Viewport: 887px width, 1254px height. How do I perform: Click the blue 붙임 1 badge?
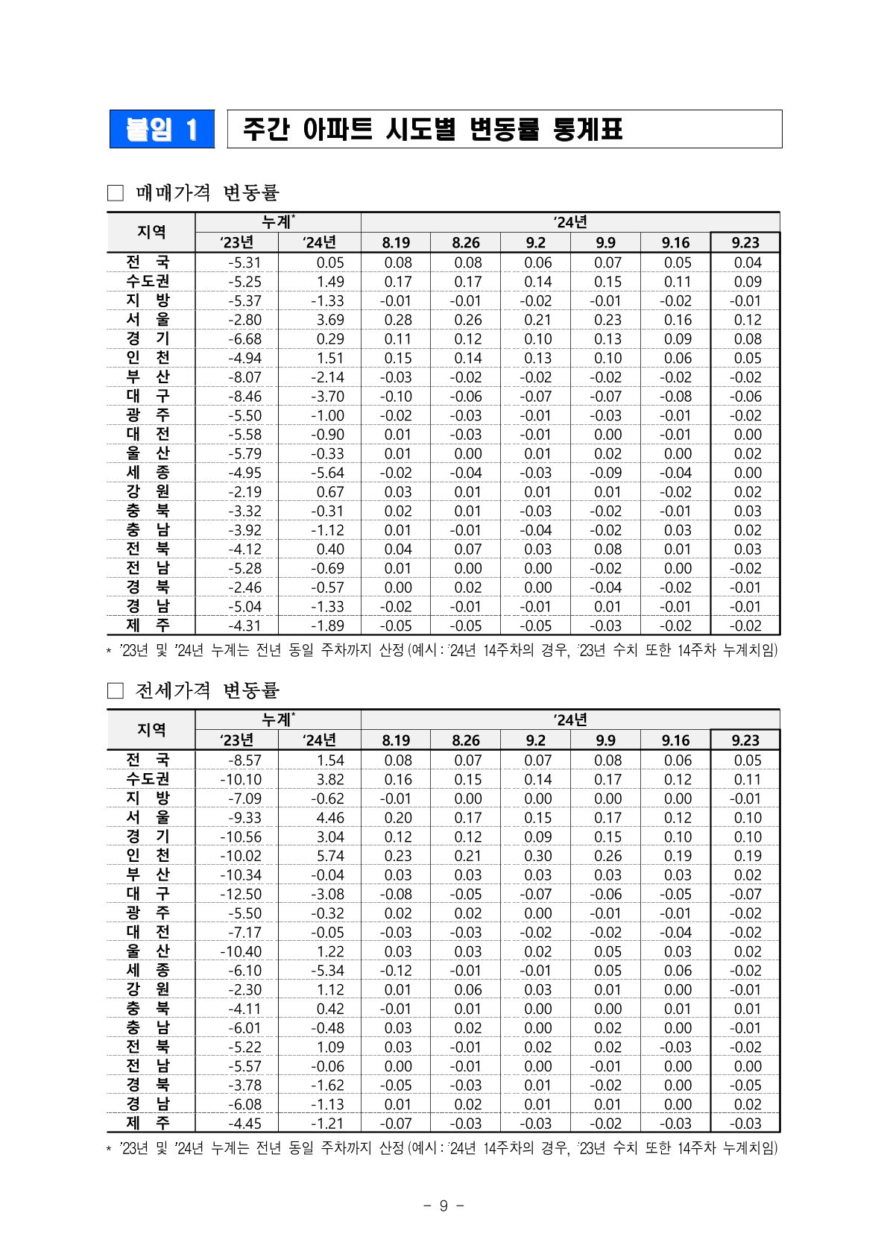coord(162,130)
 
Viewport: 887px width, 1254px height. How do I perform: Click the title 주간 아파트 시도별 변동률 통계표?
coord(432,130)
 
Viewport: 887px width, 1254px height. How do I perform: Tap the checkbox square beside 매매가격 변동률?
coord(115,193)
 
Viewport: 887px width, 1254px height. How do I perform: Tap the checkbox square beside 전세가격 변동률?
coord(115,691)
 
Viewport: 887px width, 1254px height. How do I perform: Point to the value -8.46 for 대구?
coord(244,397)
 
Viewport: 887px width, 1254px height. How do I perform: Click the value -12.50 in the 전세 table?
coord(240,894)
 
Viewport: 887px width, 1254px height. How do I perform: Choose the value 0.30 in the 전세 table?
coord(537,856)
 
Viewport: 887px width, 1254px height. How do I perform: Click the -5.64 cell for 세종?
coord(327,473)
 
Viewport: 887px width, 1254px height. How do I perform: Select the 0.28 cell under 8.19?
coord(397,320)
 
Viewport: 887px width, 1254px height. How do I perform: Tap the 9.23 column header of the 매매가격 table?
coord(745,242)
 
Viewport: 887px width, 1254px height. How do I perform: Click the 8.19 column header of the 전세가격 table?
coord(396,740)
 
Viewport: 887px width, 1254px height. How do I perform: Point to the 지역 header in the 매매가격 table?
coord(151,232)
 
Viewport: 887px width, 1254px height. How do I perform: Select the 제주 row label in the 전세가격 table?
coord(148,1123)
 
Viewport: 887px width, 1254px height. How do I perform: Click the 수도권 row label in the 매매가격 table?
coord(148,281)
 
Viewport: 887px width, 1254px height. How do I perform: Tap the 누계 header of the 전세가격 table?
coord(277,719)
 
